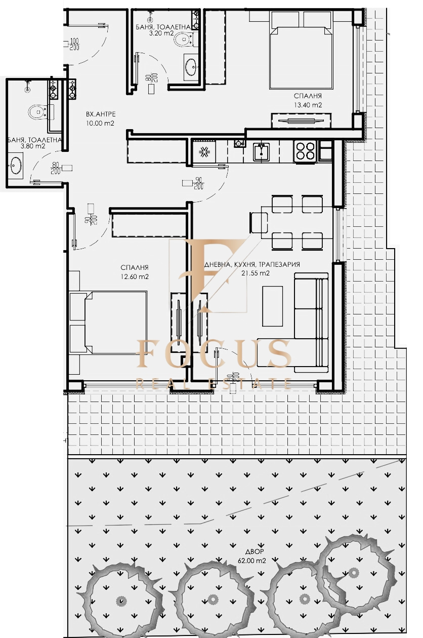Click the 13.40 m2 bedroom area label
click(x=308, y=105)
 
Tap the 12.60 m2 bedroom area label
click(x=135, y=276)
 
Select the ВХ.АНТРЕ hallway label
click(x=101, y=114)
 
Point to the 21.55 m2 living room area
click(x=256, y=273)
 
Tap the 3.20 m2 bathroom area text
click(x=162, y=33)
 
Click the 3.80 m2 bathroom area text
click(x=33, y=146)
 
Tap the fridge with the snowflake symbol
click(x=204, y=151)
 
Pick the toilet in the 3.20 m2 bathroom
click(x=184, y=38)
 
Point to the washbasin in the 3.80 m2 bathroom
click(x=15, y=166)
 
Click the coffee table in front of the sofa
click(x=272, y=306)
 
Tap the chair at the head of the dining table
click(x=259, y=222)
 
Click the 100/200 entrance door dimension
click(x=74, y=44)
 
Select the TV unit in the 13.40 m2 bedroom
click(x=301, y=121)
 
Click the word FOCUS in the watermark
click(x=214, y=353)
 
